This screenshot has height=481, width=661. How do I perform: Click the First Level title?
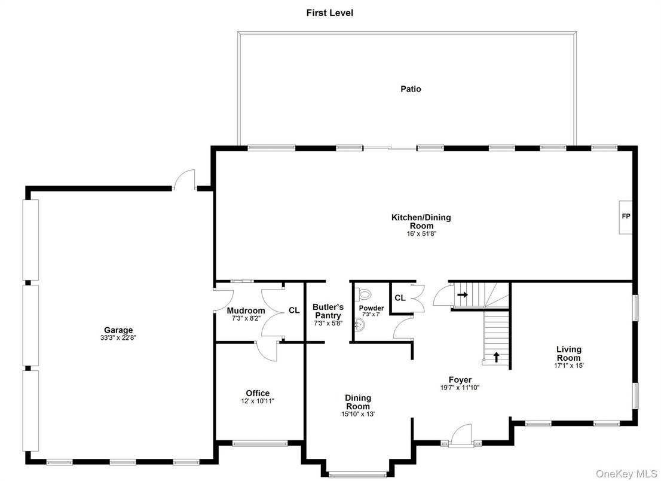[330, 13]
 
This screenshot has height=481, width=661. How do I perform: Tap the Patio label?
[411, 89]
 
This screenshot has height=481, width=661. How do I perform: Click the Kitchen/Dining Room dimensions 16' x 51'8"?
[421, 235]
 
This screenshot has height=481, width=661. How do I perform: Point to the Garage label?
[118, 330]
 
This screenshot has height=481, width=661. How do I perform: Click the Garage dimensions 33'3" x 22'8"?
[118, 338]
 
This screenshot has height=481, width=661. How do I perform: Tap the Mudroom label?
[246, 310]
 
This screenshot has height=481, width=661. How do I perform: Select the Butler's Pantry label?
[328, 311]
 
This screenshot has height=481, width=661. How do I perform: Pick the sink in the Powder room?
[359, 325]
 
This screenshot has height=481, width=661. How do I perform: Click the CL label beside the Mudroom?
[294, 310]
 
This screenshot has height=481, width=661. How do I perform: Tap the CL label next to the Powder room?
[400, 297]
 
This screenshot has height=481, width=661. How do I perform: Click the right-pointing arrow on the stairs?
[462, 294]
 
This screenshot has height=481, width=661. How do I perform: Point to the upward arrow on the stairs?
[496, 357]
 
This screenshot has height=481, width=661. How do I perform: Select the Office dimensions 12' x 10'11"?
[257, 401]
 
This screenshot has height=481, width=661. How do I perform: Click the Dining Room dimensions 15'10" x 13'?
[358, 414]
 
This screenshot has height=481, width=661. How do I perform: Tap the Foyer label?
[460, 379]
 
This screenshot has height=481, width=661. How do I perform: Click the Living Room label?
[568, 353]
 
